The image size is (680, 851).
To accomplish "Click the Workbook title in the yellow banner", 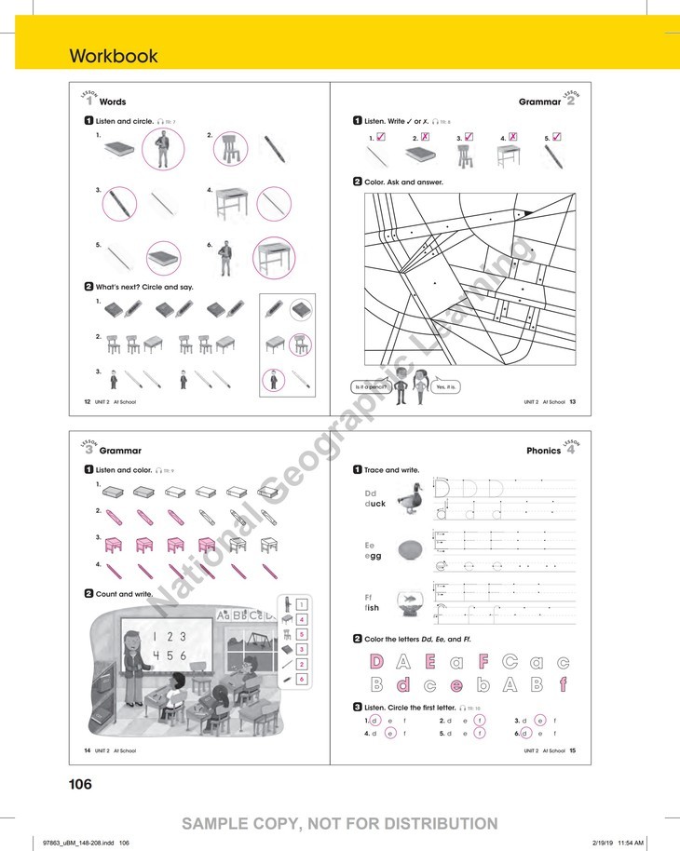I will (114, 56).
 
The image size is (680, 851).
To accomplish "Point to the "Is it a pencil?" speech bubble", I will (371, 386).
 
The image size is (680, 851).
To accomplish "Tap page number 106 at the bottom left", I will (81, 784).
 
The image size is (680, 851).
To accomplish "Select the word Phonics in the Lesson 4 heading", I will (543, 451).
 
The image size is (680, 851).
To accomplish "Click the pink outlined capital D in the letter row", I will (377, 662).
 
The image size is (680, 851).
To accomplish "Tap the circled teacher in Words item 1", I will (163, 148).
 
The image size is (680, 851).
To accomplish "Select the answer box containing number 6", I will (302, 680).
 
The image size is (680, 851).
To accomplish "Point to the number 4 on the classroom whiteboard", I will (150, 655).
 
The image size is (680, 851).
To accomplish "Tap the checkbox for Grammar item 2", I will (425, 137).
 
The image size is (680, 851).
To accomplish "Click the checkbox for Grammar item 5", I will (556, 137).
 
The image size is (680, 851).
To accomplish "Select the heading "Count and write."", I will (124, 593).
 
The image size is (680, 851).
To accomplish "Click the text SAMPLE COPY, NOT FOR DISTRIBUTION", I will (340, 823).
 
